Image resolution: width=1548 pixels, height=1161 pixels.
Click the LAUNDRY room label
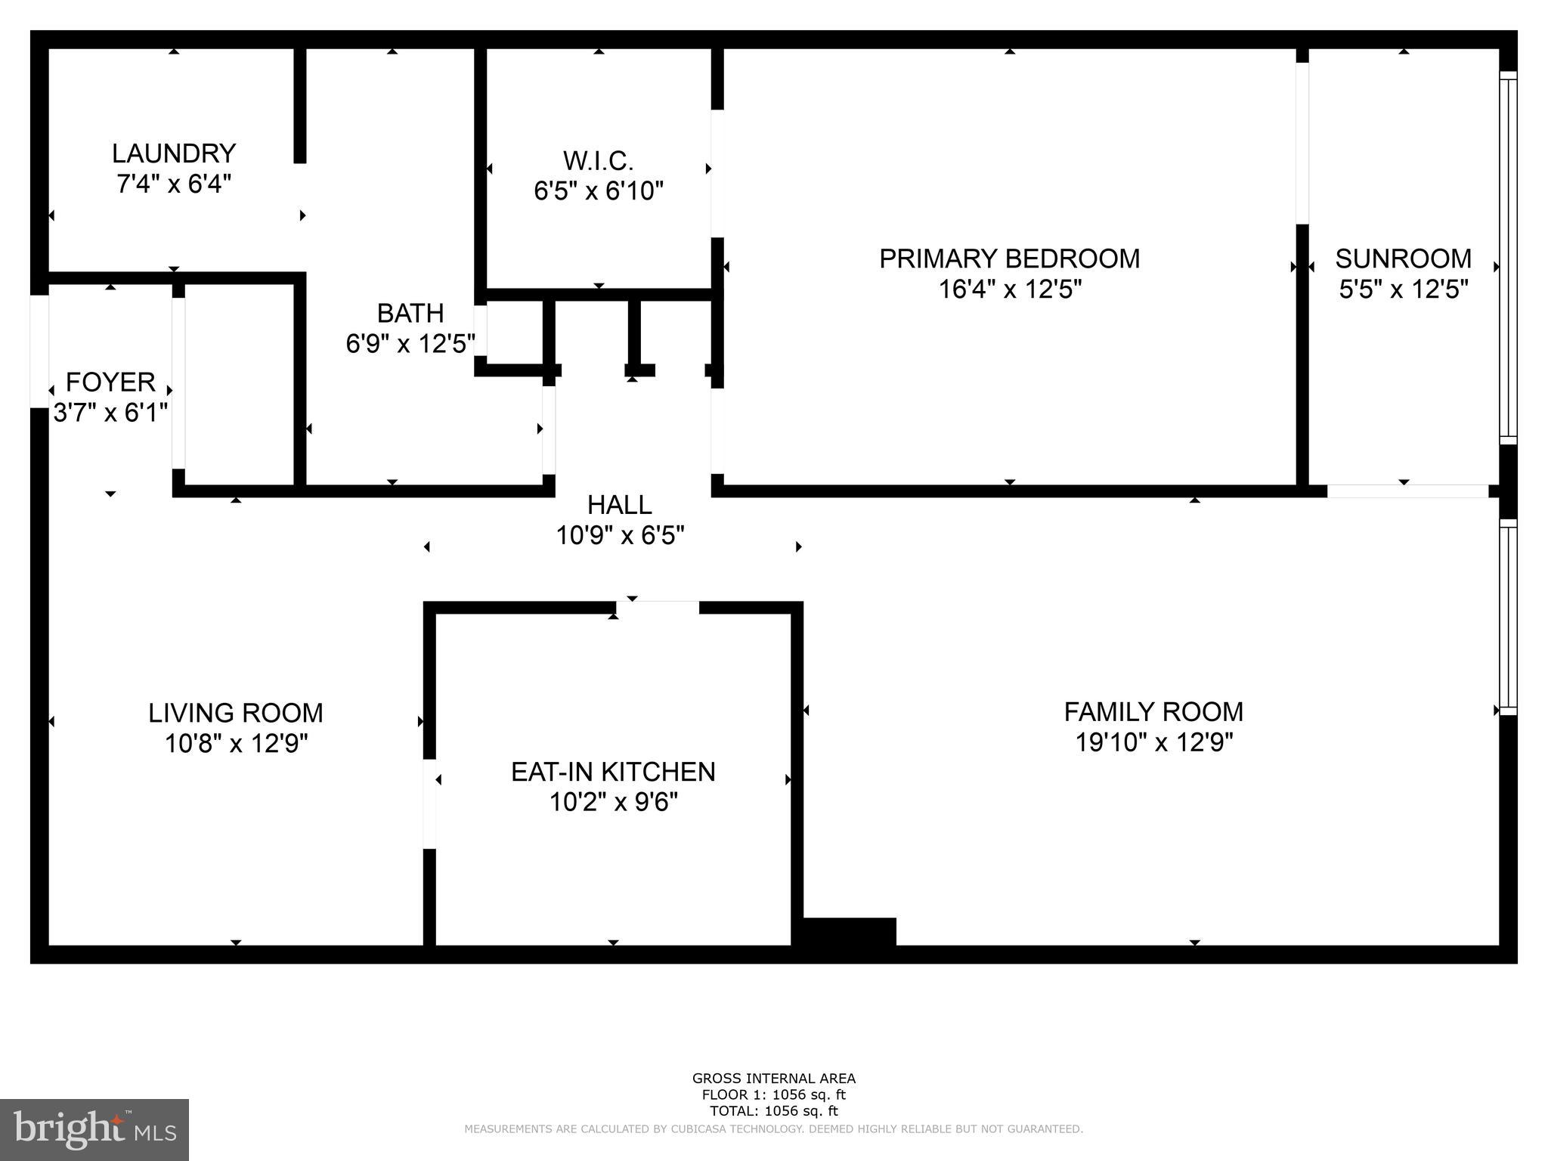(174, 153)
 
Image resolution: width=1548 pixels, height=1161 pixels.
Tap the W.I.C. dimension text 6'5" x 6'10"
(598, 191)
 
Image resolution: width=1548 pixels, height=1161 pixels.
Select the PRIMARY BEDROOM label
(1009, 259)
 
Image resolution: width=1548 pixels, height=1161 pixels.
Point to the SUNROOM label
(1403, 259)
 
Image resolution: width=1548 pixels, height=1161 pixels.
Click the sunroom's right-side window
(1507, 257)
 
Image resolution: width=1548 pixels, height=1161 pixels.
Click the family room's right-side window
(1507, 616)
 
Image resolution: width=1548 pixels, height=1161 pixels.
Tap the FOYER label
(110, 382)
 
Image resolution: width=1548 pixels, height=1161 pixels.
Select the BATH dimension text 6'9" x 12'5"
(410, 344)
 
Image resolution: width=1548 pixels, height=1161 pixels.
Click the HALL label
(619, 504)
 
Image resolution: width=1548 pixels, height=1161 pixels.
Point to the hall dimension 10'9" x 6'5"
(620, 536)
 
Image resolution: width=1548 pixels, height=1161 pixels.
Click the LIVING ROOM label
(236, 713)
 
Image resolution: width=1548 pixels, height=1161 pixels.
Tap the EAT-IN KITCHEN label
(613, 772)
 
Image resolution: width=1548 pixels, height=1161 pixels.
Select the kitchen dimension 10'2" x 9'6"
(613, 802)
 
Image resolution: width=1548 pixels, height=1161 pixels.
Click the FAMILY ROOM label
(1153, 711)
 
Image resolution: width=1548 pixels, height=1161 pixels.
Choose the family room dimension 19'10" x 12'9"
(1153, 742)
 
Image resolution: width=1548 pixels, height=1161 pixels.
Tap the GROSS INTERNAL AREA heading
(773, 1079)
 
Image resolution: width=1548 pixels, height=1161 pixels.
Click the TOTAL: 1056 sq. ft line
(773, 1111)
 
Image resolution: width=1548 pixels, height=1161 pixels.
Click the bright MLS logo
(94, 1129)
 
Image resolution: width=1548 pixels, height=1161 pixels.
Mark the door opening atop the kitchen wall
(657, 607)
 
